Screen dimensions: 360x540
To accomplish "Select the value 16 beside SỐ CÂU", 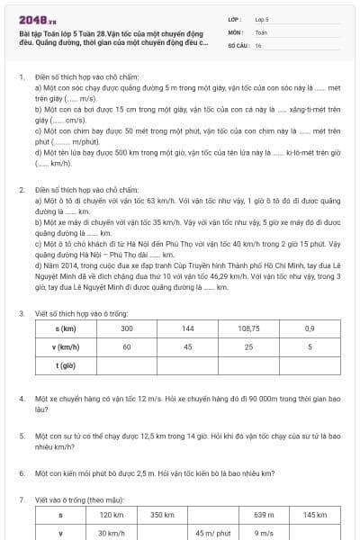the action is coord(258,44).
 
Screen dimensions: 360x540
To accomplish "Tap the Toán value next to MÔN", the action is coord(261,31).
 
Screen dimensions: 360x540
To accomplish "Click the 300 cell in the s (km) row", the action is coord(127,328).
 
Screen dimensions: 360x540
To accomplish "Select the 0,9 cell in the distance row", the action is coord(310,328).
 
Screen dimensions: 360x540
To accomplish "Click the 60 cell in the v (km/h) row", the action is coord(127,346).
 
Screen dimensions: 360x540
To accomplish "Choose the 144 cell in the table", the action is coord(188,328).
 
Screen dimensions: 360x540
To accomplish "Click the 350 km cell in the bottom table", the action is coord(162,514).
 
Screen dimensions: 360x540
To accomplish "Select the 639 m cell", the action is coord(264,514).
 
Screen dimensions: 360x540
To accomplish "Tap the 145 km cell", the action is coord(314,514).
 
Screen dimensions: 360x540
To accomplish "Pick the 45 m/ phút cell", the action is coord(212,532).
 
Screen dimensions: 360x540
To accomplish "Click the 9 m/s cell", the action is coord(264,532).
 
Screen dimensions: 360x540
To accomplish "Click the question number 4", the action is coord(22,397).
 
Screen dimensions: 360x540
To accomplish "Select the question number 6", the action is coord(22,472).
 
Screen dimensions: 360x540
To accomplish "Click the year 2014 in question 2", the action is coord(63,263).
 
